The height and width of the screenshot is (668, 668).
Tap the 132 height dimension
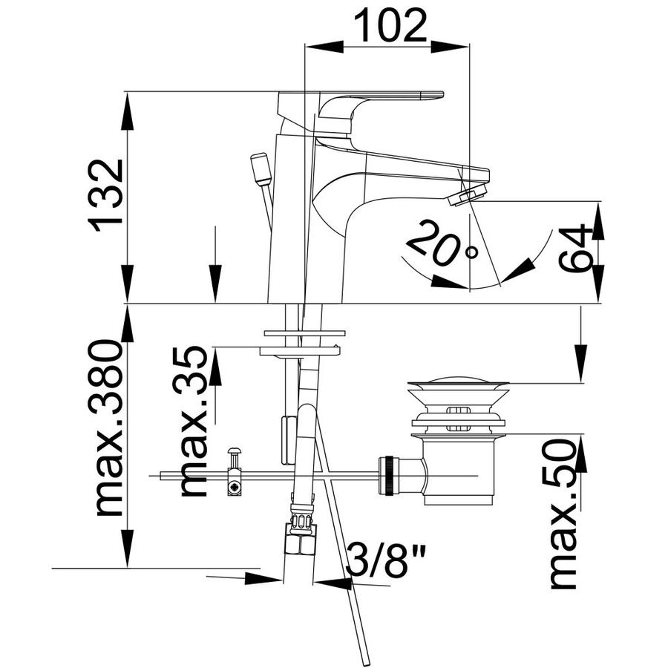click(x=105, y=195)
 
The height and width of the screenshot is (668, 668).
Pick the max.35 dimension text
click(x=192, y=421)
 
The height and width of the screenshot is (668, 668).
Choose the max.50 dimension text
click(x=563, y=514)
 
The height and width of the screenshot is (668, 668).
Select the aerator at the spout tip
click(x=468, y=194)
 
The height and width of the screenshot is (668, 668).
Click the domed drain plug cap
click(x=457, y=380)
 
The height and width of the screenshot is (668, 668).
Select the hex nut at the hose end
click(x=301, y=540)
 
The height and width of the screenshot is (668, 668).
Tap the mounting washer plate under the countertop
click(x=300, y=350)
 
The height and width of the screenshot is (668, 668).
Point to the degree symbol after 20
click(x=471, y=252)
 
